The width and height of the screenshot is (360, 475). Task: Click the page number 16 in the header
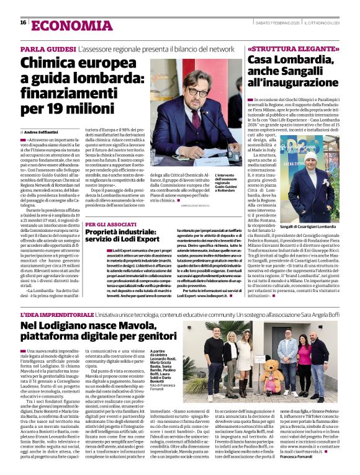pyautogui.click(x=24, y=23)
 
